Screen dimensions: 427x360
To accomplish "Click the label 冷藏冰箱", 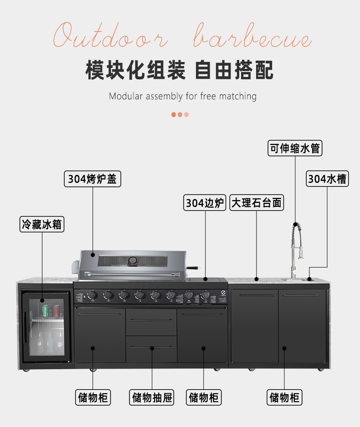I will click(x=42, y=224).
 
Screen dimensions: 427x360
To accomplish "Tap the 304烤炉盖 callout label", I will click(x=93, y=179).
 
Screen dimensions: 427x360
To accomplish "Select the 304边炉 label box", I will click(x=206, y=203).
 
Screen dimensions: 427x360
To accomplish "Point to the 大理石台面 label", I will click(x=257, y=203).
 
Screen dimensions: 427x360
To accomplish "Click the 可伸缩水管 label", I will click(x=295, y=149).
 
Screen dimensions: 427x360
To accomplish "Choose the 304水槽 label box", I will click(x=327, y=179).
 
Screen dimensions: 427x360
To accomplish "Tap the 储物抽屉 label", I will click(x=152, y=398).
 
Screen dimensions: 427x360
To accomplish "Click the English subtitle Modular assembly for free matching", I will click(x=183, y=96).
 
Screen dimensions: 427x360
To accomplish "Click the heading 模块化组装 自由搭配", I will click(x=180, y=71).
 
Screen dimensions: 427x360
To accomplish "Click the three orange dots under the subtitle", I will click(x=180, y=114).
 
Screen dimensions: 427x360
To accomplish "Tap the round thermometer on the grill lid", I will click(x=133, y=261).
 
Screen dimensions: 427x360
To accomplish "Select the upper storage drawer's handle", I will click(x=151, y=320).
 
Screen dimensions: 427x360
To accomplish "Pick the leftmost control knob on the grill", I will click(x=92, y=295).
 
